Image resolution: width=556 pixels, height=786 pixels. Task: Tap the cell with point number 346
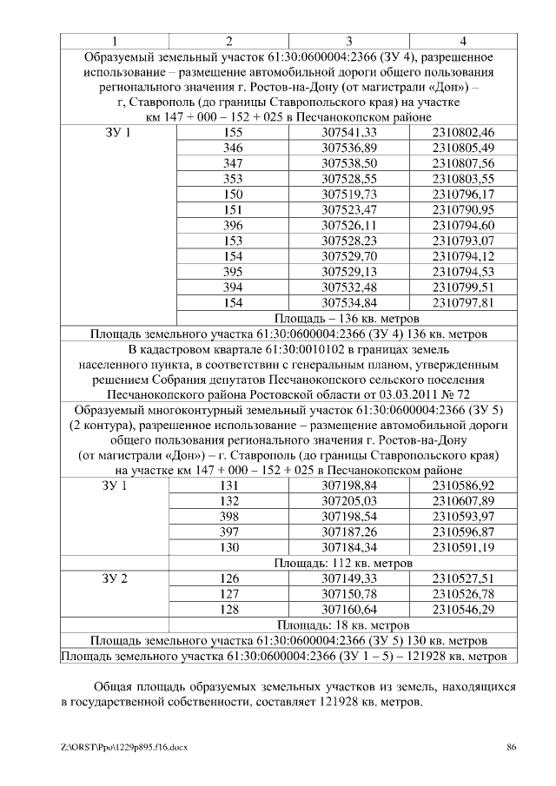(x=233, y=148)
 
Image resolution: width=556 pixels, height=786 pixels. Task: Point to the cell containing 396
(x=233, y=225)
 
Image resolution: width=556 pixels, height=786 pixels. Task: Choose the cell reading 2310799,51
(x=462, y=287)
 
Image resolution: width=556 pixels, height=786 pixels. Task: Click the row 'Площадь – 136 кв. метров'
(x=347, y=318)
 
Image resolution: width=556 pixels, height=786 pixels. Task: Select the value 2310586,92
(x=462, y=485)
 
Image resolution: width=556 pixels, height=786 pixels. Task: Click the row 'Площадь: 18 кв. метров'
(x=347, y=624)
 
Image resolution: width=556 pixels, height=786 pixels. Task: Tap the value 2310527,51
(x=462, y=578)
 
